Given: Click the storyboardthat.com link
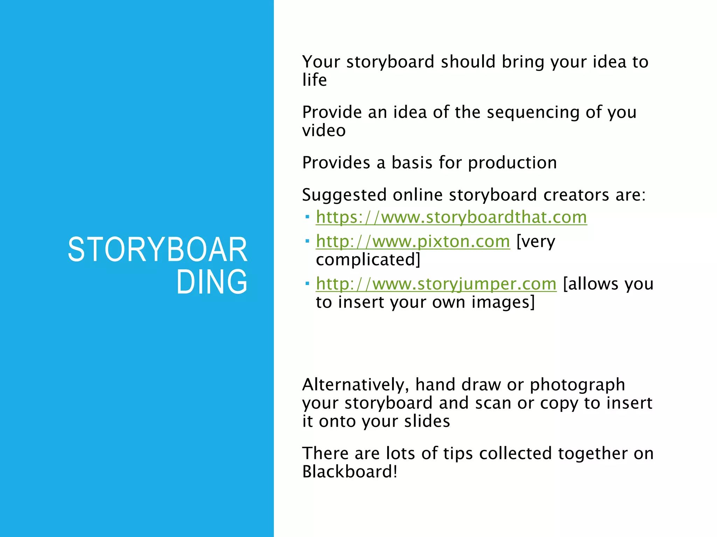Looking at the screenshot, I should (x=451, y=217).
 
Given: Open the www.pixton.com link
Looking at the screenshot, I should (x=413, y=242).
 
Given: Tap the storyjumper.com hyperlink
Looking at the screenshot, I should (x=436, y=284).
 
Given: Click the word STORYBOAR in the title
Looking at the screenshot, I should (x=158, y=250).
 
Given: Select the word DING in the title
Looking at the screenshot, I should (x=212, y=282).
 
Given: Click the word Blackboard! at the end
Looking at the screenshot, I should (x=350, y=472).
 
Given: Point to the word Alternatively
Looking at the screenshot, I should (x=355, y=385).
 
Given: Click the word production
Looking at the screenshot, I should (x=512, y=163).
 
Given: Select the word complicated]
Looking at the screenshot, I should (x=368, y=260).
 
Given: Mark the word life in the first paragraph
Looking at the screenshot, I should (x=314, y=80).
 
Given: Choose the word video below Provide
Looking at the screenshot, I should (x=324, y=131).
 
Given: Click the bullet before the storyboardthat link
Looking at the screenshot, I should (x=307, y=217).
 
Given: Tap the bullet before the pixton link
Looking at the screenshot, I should (x=307, y=241).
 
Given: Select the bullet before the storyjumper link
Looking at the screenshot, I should (x=307, y=284).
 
